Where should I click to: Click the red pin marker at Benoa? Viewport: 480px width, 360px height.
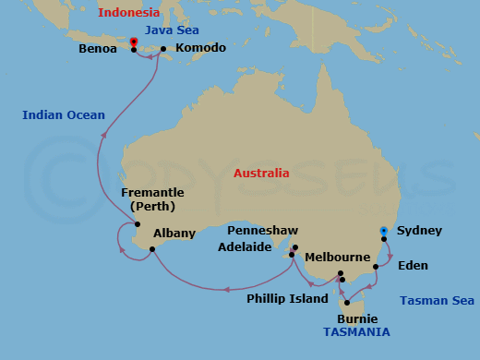pos(134,43)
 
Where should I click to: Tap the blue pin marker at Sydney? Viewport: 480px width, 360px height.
pos(384,231)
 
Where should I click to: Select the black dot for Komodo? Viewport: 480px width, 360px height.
pos(163,49)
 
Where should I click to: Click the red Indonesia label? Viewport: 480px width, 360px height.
pos(132,12)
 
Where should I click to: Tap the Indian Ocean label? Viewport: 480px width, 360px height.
pos(64,115)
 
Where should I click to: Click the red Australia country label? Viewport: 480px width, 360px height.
pos(260,173)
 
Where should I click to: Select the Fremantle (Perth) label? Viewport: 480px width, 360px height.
pos(152,198)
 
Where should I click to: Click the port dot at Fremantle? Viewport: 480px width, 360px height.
pos(138,224)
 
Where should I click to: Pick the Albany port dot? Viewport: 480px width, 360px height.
pos(152,248)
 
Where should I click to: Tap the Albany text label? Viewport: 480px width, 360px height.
pos(174,234)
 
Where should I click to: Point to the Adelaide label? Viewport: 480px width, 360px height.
pos(245,247)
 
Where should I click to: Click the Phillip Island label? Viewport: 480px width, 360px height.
pos(287,298)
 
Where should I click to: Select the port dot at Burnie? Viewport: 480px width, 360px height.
pos(347,303)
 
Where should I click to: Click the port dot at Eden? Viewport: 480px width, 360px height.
pos(376,268)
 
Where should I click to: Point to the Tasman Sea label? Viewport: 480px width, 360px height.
pos(438,300)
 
